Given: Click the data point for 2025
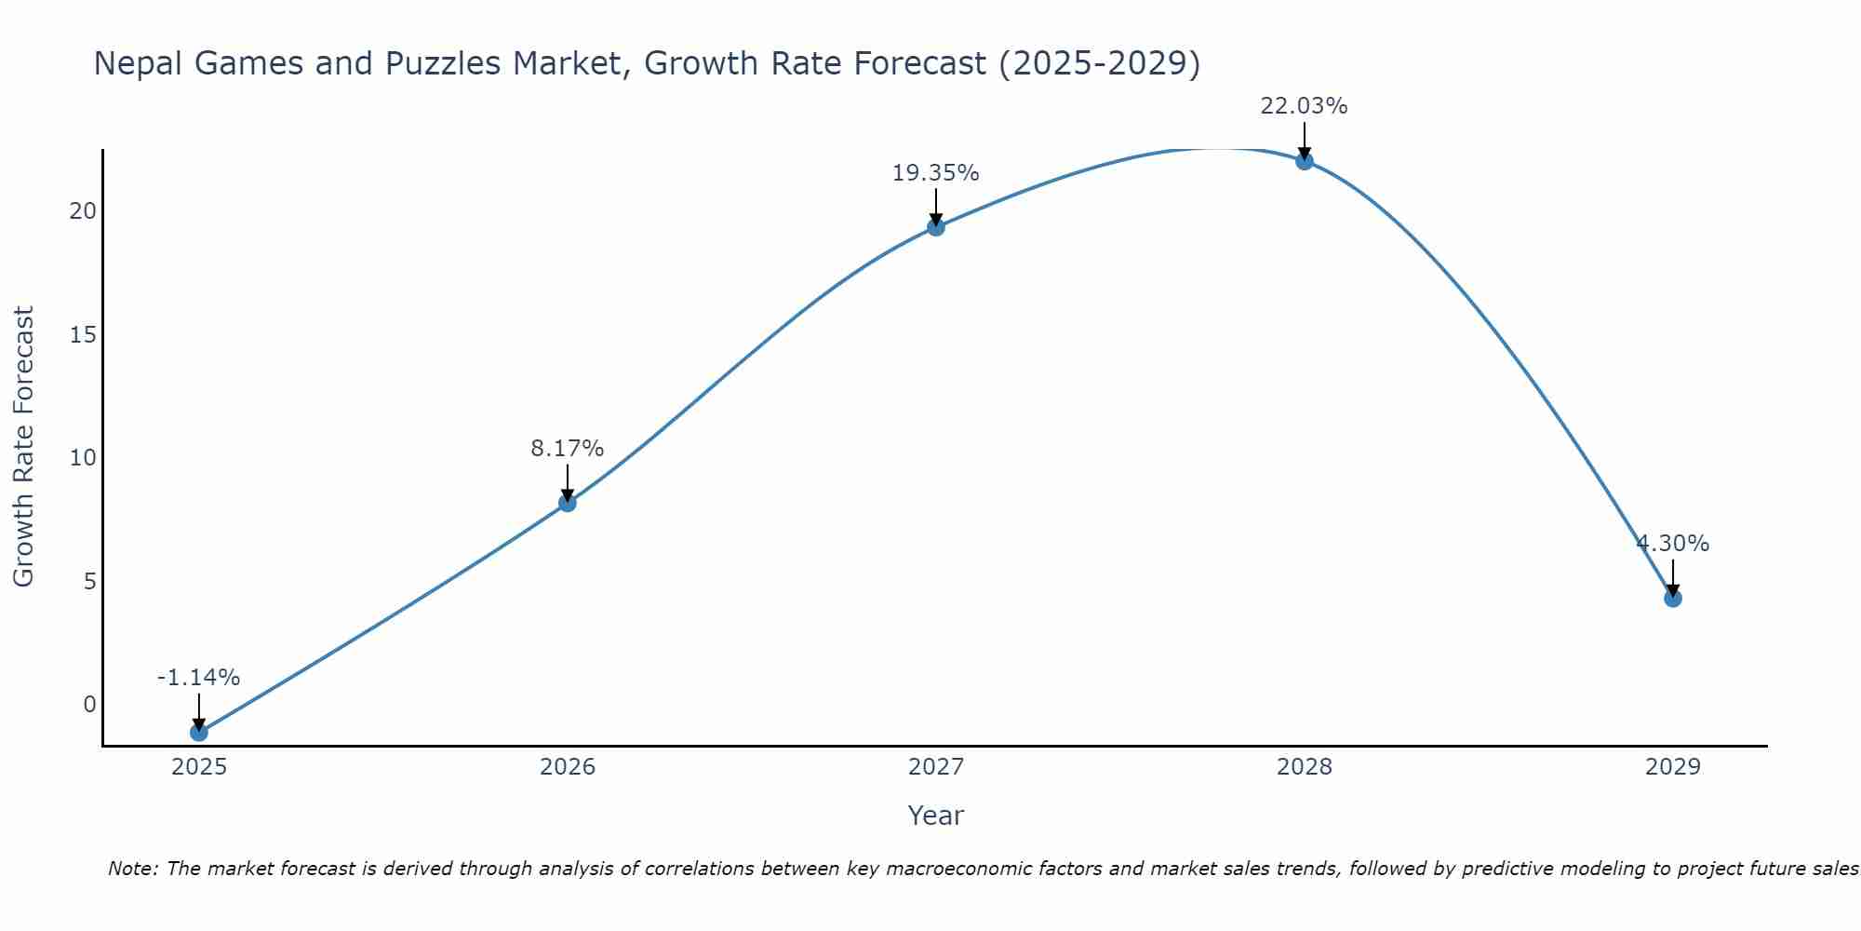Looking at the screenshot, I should [198, 732].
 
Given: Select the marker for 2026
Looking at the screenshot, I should [567, 503].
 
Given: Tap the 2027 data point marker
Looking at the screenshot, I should [935, 226].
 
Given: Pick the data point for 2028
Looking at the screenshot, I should [1304, 160].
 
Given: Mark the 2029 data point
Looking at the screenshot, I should [1672, 598].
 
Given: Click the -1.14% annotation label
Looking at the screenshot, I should [198, 678].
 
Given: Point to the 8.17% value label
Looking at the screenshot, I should [567, 449].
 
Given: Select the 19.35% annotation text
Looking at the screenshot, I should [935, 173].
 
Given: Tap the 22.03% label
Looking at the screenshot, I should [1304, 106].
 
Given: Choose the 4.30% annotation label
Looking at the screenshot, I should [1672, 544].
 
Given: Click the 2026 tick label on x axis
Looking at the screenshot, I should [567, 767].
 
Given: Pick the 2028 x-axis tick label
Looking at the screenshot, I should [1304, 767].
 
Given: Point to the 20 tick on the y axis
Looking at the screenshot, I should [83, 211].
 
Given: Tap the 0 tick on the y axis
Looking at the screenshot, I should [89, 705].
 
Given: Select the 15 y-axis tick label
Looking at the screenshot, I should [83, 334].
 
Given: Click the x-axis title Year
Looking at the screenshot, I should [935, 816].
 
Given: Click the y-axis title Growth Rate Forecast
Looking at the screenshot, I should [23, 447].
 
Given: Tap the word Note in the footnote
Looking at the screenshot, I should [134, 869].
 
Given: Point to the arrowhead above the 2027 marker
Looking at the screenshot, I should [935, 220].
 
